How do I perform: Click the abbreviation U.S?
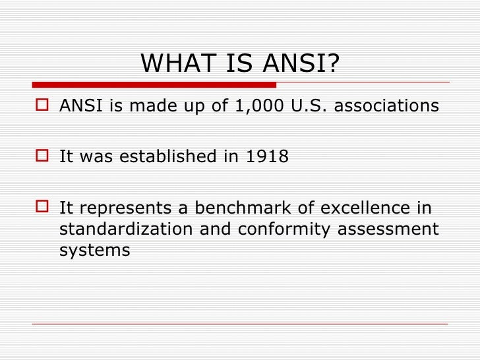coord(309,106)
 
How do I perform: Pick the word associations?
coord(386,106)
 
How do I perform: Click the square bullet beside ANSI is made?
coord(44,106)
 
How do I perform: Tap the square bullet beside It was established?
coord(44,157)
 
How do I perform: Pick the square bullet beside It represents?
coord(44,208)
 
